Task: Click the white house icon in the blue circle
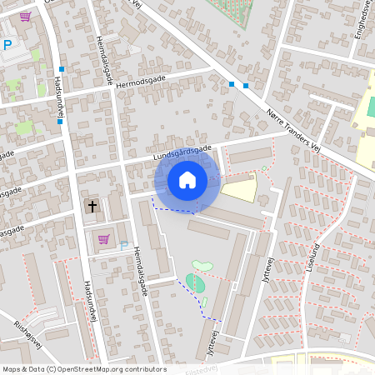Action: coord(187,179)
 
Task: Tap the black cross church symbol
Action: coord(92,205)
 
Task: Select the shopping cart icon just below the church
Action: coord(103,239)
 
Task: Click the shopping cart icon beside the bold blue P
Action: coord(25,16)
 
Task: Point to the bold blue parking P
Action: coord(7,45)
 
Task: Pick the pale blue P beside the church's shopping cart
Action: coord(124,246)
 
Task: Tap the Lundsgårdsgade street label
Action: coord(182,153)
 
